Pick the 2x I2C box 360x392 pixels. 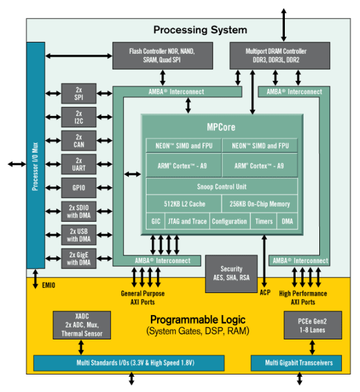point(79,117)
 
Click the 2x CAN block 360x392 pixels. point(79,141)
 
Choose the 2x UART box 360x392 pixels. point(79,164)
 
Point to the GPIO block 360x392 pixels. point(79,188)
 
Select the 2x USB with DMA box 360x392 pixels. point(79,235)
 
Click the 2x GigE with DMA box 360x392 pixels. point(79,258)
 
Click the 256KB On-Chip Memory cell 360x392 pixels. point(260,204)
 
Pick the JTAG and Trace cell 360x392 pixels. point(186,221)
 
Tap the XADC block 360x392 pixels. point(81,324)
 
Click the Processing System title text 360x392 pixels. point(200,30)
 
